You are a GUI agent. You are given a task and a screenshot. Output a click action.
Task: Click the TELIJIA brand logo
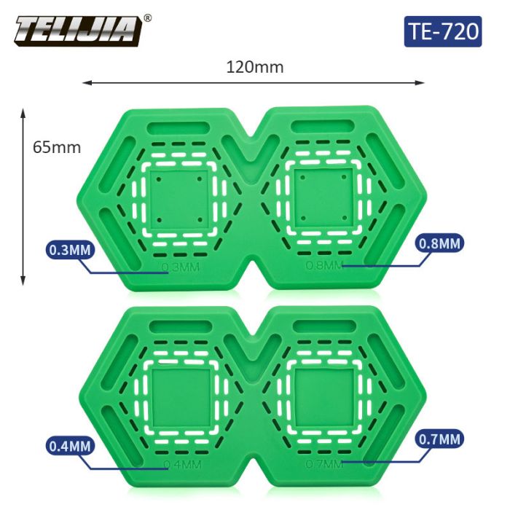[78, 30]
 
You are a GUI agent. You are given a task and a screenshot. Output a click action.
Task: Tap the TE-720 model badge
[443, 31]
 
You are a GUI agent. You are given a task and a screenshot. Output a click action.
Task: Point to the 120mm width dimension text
[255, 67]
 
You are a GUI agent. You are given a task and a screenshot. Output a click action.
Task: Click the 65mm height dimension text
[57, 147]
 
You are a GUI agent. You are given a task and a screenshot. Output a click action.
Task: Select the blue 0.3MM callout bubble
[70, 250]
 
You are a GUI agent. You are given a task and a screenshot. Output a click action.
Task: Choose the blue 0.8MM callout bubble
[439, 243]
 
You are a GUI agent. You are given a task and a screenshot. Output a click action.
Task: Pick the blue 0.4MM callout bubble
[70, 446]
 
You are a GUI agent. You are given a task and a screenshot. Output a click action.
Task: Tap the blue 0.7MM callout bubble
[439, 439]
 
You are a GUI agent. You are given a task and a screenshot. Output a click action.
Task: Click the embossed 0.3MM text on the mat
[181, 267]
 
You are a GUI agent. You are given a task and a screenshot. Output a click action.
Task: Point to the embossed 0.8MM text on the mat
[325, 265]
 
